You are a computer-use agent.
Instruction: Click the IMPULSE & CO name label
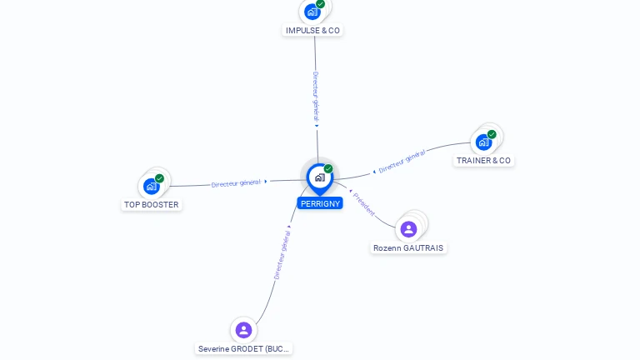coord(312,31)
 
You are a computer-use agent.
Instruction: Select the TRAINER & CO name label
coord(483,161)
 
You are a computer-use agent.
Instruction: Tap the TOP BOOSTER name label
coord(152,205)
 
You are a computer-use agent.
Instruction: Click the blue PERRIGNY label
coord(320,203)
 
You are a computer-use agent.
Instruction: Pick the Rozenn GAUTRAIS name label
coord(408,248)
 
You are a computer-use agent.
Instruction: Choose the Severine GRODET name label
coord(243,349)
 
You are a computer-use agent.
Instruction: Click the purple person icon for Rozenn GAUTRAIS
coord(408,229)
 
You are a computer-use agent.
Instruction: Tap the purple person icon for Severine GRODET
coord(243,330)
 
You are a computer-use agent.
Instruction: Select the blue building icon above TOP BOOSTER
coord(152,187)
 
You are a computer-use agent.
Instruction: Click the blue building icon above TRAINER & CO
coord(483,142)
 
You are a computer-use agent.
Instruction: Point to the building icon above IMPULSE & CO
coord(312,12)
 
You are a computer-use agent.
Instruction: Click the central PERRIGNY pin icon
coord(320,179)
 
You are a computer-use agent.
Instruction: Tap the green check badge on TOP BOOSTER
coord(159,178)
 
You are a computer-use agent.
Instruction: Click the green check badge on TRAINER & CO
coord(492,134)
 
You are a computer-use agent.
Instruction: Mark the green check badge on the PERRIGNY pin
coord(328,168)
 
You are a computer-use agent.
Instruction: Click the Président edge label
coord(363,204)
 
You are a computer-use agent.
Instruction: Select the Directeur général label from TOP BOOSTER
coord(236,183)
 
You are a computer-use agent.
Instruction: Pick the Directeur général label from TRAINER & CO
coord(402,162)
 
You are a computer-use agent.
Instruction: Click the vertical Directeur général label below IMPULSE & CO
coord(316,97)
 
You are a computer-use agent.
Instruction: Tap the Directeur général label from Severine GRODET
coord(282,255)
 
